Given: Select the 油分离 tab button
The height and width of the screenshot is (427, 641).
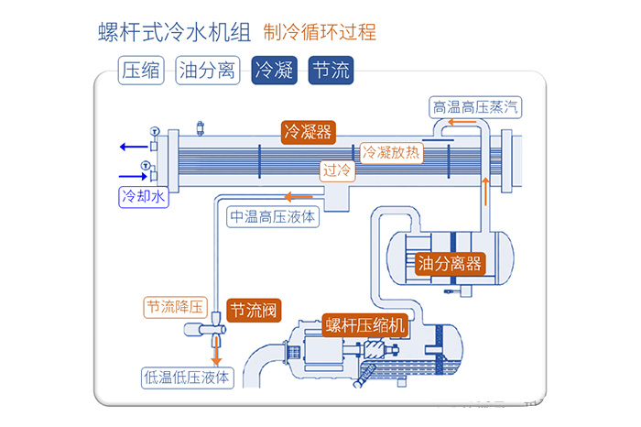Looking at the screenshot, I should point(207,70).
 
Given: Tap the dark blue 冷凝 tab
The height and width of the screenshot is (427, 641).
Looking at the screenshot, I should point(274,70).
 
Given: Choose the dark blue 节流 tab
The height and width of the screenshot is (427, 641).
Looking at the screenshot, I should point(330,70).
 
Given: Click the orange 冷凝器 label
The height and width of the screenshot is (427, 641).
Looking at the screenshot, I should point(308,131).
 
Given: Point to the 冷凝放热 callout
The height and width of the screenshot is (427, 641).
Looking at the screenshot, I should point(392,153).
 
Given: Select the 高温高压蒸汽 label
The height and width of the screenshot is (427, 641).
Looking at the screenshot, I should point(479,107).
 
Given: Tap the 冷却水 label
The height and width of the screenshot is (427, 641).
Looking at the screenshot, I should point(144,195).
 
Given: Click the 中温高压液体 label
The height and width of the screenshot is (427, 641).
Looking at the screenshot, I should point(273,217).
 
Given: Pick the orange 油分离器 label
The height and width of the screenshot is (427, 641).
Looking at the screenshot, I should point(450,264).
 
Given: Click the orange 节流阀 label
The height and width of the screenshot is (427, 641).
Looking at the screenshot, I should point(254,309).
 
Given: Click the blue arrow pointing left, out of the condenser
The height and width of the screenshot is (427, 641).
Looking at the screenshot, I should point(131,146).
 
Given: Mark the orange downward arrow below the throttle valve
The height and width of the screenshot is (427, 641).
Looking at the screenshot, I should point(217,353).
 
